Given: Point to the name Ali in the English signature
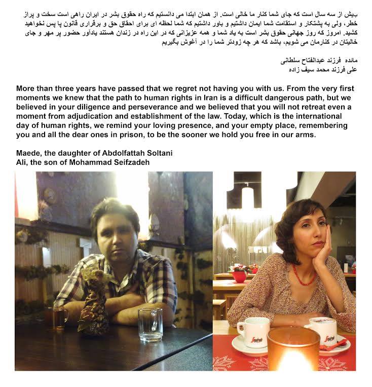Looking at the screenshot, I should [21, 162].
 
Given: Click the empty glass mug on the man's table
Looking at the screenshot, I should [150, 324].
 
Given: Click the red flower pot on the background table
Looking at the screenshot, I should [238, 275].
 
